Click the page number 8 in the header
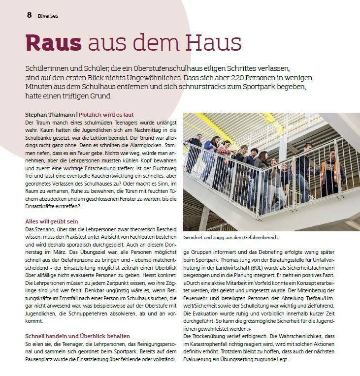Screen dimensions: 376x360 (30, 15)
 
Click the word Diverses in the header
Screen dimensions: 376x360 (48, 16)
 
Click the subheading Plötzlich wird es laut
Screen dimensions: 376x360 (106, 115)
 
